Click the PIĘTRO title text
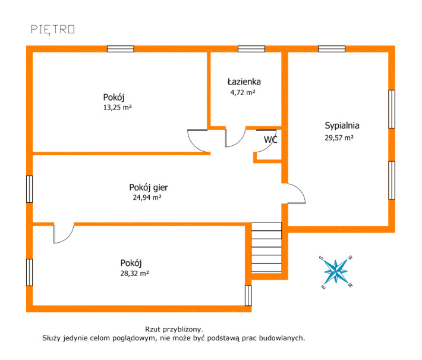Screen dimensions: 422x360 tap(53, 30)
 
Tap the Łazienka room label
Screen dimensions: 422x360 tap(244, 82)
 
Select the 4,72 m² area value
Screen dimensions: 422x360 tap(243, 92)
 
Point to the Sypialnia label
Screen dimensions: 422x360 tap(342, 126)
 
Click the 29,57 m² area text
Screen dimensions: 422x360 tap(339, 137)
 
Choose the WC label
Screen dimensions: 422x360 tap(270, 140)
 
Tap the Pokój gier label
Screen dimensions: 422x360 tap(149, 187)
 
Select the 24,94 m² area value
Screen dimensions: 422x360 tap(147, 198)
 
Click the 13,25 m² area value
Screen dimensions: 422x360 tap(118, 108)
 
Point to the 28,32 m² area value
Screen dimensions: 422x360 tap(134, 274)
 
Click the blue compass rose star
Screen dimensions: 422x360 tap(336, 271)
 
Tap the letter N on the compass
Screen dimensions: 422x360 tap(351, 285)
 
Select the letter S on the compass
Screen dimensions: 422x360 tap(321, 258)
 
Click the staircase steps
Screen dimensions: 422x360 tap(266, 248)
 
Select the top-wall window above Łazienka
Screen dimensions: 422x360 tap(251, 49)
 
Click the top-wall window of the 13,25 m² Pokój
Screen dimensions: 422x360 tap(121, 49)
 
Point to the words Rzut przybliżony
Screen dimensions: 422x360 tap(174, 329)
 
